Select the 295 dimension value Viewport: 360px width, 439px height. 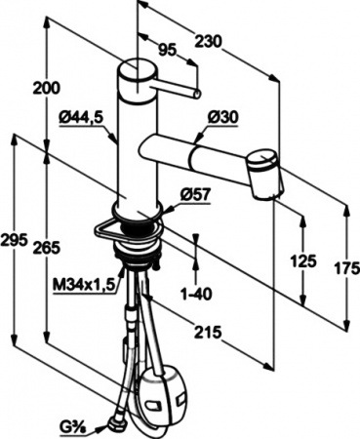[x=17, y=240]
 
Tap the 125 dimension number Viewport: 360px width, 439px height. [x=305, y=260]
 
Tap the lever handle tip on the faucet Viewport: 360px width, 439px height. [x=197, y=95]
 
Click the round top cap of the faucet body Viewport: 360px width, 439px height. [x=132, y=73]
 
